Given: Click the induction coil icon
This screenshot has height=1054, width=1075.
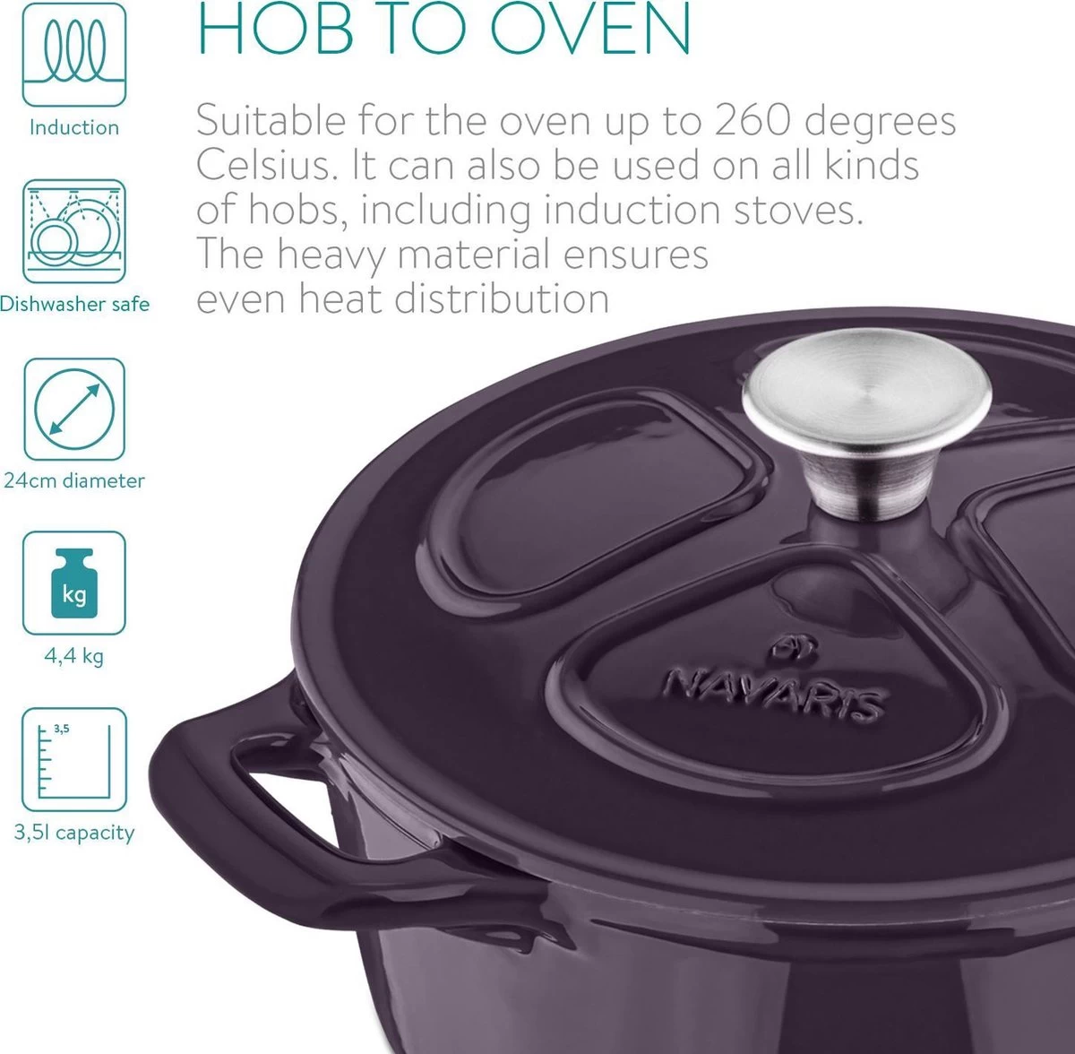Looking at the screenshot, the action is (74, 54).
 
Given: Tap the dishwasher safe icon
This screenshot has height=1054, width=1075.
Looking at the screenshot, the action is (74, 231).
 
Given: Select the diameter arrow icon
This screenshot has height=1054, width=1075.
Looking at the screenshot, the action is (74, 410).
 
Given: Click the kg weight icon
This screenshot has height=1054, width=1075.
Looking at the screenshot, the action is (74, 583).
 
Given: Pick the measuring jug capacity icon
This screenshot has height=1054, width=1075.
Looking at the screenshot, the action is (74, 760).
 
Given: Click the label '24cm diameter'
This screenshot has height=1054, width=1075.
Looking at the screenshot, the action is (74, 480).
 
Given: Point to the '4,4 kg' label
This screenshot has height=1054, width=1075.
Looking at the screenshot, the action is (74, 656).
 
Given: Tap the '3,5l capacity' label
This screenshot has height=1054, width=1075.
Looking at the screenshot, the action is (74, 833).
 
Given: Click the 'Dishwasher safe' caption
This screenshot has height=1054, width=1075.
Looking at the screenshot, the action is (74, 304).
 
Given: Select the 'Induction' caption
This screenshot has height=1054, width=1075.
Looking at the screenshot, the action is (74, 128).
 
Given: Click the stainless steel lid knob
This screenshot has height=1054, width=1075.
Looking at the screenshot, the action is (866, 424).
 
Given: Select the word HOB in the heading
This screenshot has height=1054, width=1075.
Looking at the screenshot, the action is (276, 28).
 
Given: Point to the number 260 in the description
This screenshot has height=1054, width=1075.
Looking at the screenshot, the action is (753, 121).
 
